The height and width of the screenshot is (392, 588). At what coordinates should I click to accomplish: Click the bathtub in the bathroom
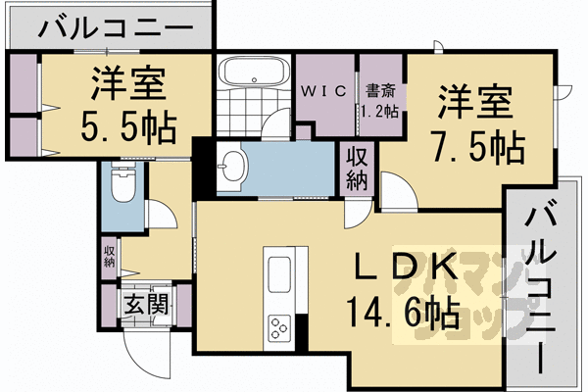pos(255,72)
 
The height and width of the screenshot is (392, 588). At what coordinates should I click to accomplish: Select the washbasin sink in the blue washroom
pos(232,166)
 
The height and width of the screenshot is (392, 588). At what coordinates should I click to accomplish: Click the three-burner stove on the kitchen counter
pos(279,327)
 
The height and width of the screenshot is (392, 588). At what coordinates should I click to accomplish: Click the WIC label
pos(324,91)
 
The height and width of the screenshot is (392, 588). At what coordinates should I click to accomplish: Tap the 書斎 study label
pos(380,91)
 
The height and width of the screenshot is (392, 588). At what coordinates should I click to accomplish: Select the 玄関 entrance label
pos(145,304)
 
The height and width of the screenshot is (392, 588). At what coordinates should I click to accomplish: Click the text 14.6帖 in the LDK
pos(404,312)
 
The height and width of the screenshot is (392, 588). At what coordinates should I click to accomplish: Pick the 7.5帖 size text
pos(478,147)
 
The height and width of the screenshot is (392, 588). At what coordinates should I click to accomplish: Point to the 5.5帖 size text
pos(128,125)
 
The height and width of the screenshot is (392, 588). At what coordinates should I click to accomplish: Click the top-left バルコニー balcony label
pos(116,27)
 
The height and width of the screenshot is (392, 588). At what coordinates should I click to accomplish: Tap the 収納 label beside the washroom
pos(357,170)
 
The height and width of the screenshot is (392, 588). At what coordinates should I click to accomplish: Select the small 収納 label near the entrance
pos(109,257)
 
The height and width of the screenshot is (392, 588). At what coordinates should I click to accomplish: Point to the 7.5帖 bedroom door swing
pos(404,184)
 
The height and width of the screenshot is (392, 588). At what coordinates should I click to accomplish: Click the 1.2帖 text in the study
pos(380,112)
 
